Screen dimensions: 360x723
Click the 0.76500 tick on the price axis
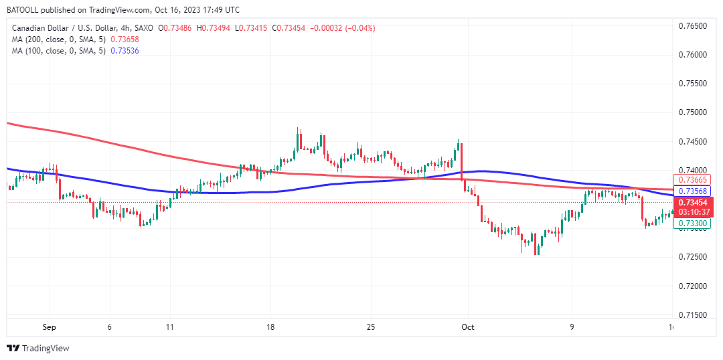(x=693, y=26)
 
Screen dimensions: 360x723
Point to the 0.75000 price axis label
(x=693, y=112)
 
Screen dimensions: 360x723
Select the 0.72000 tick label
(x=693, y=286)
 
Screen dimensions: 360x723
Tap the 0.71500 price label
(x=693, y=315)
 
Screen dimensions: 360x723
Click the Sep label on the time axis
(x=49, y=327)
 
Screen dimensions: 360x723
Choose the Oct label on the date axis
(x=468, y=327)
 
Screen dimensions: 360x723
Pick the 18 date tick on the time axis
(x=270, y=327)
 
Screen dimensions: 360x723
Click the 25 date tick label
(x=371, y=327)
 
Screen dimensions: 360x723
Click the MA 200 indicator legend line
(x=58, y=39)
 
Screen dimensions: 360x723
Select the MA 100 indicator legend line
(x=58, y=51)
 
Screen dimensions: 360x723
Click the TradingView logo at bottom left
(x=38, y=348)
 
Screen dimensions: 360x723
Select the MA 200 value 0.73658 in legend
(x=125, y=39)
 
